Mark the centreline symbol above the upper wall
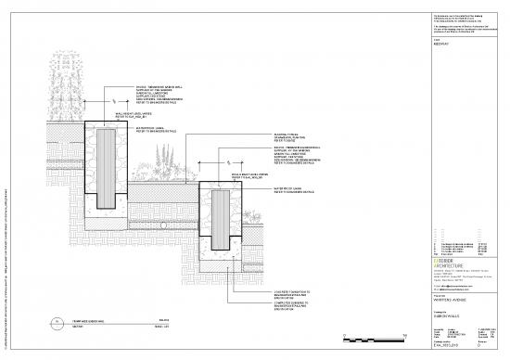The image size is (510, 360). click(112, 99)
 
